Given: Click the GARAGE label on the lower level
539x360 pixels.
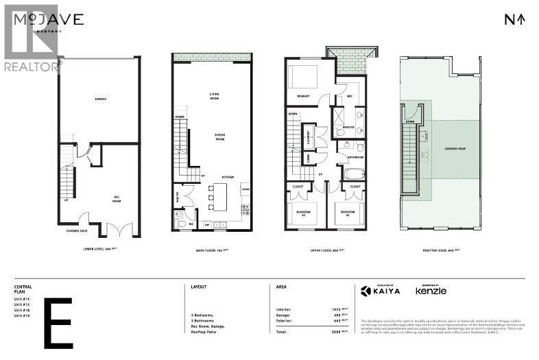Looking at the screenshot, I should click(x=100, y=99).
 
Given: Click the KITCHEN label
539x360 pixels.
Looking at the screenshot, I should click(x=228, y=177).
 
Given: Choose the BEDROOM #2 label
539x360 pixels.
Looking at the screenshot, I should click(x=304, y=213).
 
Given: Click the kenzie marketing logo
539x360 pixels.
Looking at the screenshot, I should click(x=431, y=291).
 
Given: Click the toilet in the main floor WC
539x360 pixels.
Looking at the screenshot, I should click(x=181, y=223).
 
